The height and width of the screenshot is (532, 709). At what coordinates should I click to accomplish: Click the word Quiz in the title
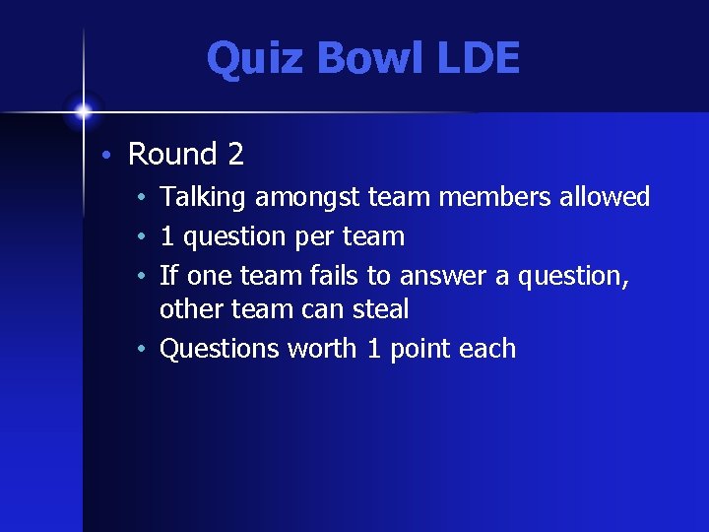[x=247, y=59]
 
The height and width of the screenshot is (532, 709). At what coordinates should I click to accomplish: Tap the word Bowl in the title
[x=353, y=59]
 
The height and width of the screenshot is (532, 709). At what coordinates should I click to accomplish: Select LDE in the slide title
[x=466, y=59]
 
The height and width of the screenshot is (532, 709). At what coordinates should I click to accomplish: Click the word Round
[x=172, y=155]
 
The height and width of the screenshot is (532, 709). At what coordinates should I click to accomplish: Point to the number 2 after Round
[x=235, y=155]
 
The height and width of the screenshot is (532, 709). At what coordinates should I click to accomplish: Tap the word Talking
[x=203, y=198]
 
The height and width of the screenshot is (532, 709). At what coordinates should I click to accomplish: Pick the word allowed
[x=605, y=198]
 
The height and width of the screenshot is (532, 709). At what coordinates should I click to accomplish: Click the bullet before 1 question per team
[x=144, y=237]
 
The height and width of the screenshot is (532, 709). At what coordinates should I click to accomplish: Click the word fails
[x=328, y=277]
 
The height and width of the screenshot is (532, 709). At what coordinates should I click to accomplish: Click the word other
[x=192, y=309]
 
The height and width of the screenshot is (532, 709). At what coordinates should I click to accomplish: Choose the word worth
[x=323, y=349]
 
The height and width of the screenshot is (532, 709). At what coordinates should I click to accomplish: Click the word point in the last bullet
[x=421, y=350]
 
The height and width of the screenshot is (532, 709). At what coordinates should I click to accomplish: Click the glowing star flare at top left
[x=84, y=109]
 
